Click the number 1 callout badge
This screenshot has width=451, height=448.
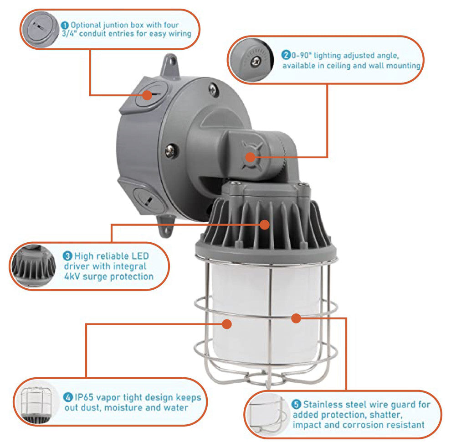pos(65,26)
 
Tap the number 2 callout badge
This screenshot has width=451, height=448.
pos(286,55)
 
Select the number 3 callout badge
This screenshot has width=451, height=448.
pos(67,256)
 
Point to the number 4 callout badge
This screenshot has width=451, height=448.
pos(68,397)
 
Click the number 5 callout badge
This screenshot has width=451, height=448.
pos(296,405)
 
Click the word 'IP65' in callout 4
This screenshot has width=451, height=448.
pos(84,397)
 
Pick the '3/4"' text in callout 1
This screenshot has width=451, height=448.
pos(69,34)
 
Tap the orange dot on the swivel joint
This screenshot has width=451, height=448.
pos(250,157)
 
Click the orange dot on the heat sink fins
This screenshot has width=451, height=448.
pos(265,225)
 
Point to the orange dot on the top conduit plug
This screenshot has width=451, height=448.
pos(147,95)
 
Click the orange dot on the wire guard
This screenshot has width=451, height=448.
pos(296,318)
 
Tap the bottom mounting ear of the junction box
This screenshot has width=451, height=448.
pos(165,228)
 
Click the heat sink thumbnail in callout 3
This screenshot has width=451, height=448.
pos(33,266)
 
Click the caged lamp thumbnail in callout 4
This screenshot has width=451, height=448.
pos(36,402)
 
